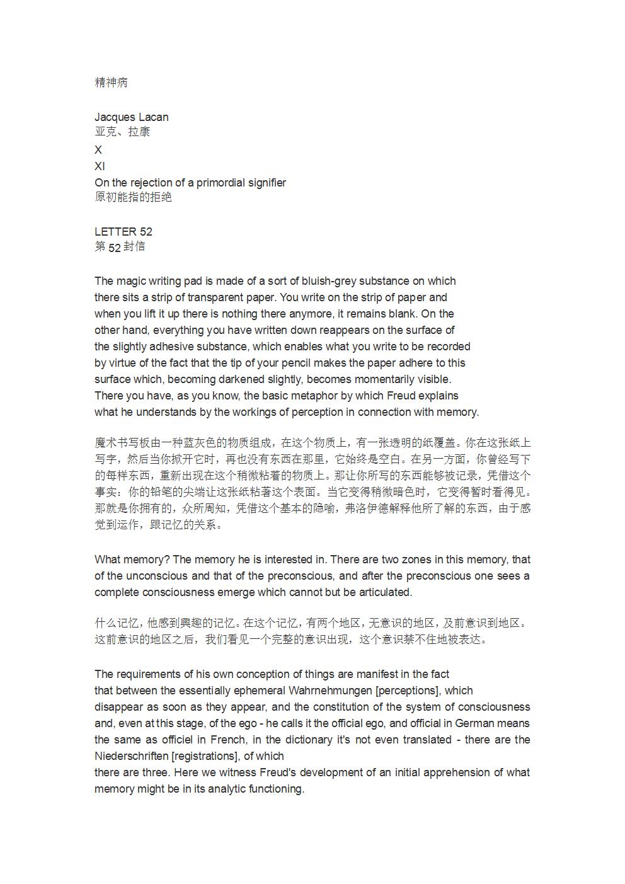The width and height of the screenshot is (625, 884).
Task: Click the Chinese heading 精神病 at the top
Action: [x=112, y=83]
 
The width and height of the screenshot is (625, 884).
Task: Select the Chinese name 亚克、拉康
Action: [x=122, y=132]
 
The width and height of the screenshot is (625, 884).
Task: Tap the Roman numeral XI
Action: [x=100, y=166]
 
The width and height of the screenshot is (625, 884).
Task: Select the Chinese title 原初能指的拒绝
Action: [x=133, y=197]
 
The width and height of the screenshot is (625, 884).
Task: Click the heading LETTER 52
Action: [x=123, y=232]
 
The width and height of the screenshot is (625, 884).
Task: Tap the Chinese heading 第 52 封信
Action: [x=120, y=247]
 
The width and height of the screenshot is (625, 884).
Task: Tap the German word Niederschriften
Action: [x=131, y=756]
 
